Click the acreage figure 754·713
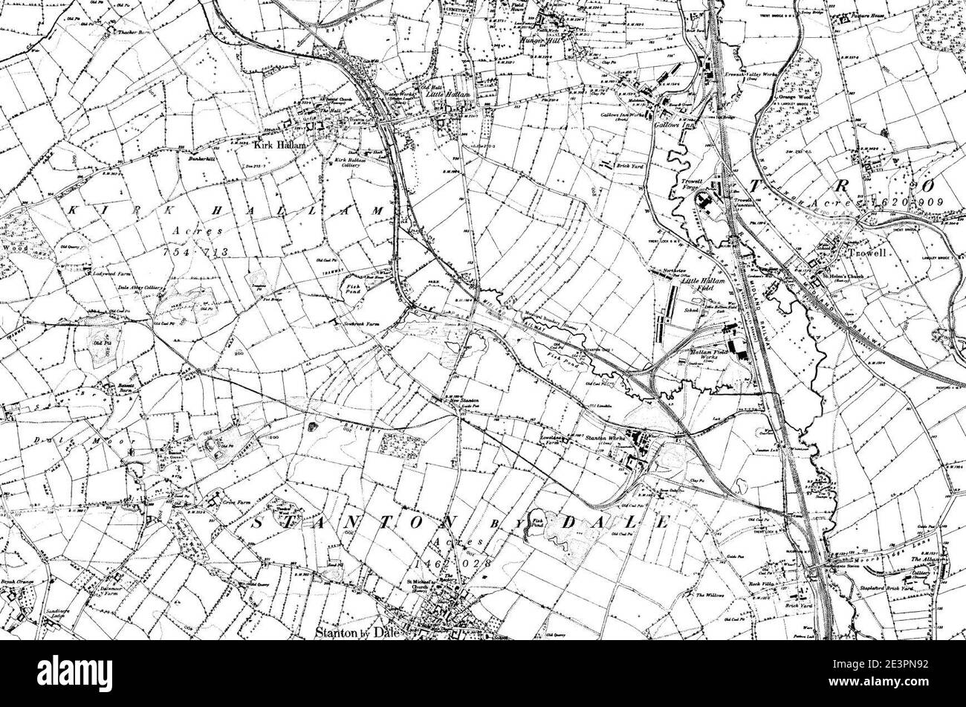coord(196,253)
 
